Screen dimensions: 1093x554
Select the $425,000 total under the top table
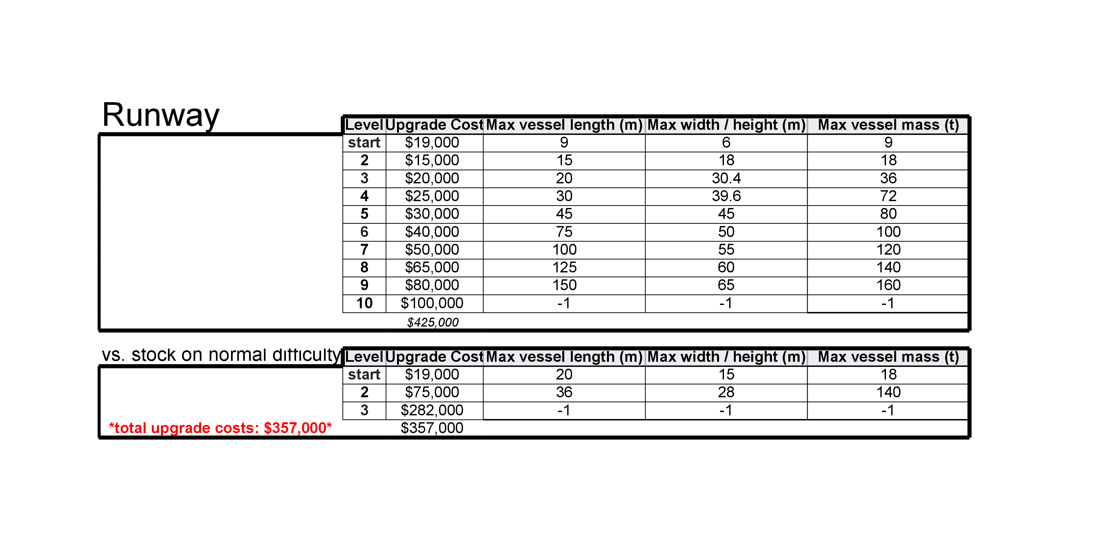(432, 322)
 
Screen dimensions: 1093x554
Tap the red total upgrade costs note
(220, 428)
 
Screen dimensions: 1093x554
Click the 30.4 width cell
(726, 178)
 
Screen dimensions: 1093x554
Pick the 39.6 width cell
(726, 196)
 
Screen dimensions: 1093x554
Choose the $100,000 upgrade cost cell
(432, 303)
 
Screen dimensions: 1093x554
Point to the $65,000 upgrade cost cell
(432, 267)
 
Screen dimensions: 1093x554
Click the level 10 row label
(364, 303)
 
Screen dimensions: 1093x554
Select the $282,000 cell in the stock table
(432, 410)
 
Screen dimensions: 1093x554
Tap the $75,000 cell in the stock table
(432, 392)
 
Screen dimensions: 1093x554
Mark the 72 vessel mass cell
(888, 196)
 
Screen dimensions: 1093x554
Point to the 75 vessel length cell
(564, 232)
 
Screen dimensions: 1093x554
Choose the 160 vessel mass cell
(888, 285)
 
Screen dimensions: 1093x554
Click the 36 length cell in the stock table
(564, 392)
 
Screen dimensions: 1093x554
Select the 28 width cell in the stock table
(726, 392)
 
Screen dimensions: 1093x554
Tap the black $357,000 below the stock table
(432, 428)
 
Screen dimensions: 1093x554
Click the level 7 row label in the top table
(364, 250)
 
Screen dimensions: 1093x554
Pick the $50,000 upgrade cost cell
(432, 250)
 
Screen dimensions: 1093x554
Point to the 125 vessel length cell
(564, 267)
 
